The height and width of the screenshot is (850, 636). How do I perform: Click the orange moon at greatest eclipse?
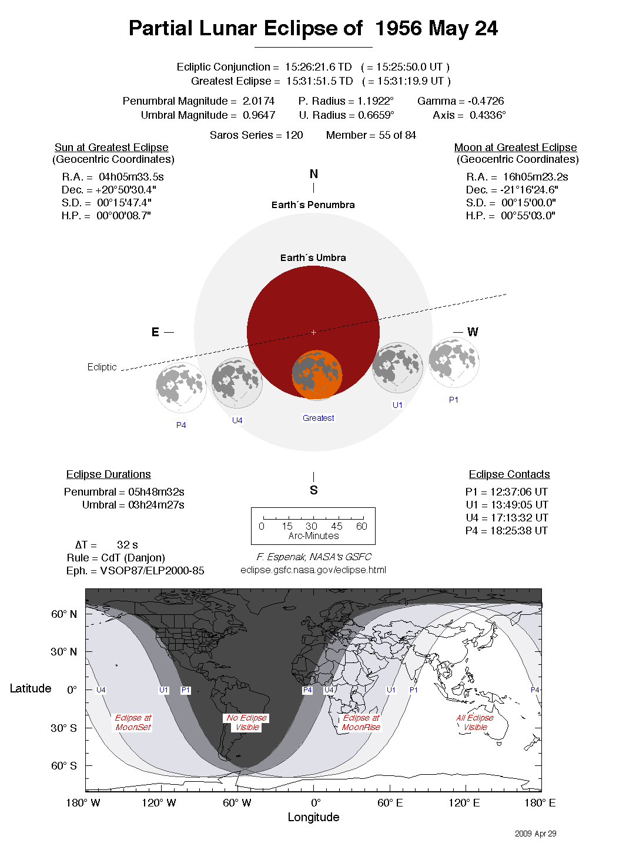317,374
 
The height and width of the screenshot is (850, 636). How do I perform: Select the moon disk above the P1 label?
454,362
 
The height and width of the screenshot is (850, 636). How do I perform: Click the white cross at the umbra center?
313,333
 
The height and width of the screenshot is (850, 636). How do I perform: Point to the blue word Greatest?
318,418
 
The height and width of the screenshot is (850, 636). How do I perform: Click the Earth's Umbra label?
313,257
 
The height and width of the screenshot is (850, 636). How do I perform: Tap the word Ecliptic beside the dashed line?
102,367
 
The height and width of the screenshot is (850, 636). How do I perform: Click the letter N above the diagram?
313,174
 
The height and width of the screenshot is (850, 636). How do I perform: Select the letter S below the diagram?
313,490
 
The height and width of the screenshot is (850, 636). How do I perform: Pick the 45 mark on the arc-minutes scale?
336,526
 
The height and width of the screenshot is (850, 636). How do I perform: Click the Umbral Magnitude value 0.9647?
259,115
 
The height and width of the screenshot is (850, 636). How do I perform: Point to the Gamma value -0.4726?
486,101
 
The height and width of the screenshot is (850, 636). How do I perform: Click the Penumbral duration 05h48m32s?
156,492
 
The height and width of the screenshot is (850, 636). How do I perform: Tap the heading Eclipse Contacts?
509,474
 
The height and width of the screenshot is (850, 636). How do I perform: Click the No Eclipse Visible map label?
247,722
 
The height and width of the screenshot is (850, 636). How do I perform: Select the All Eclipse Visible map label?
475,722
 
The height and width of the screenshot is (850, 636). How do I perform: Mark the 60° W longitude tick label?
237,803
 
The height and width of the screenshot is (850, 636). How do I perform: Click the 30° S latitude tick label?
63,728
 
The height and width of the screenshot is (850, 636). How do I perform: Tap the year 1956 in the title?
399,28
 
